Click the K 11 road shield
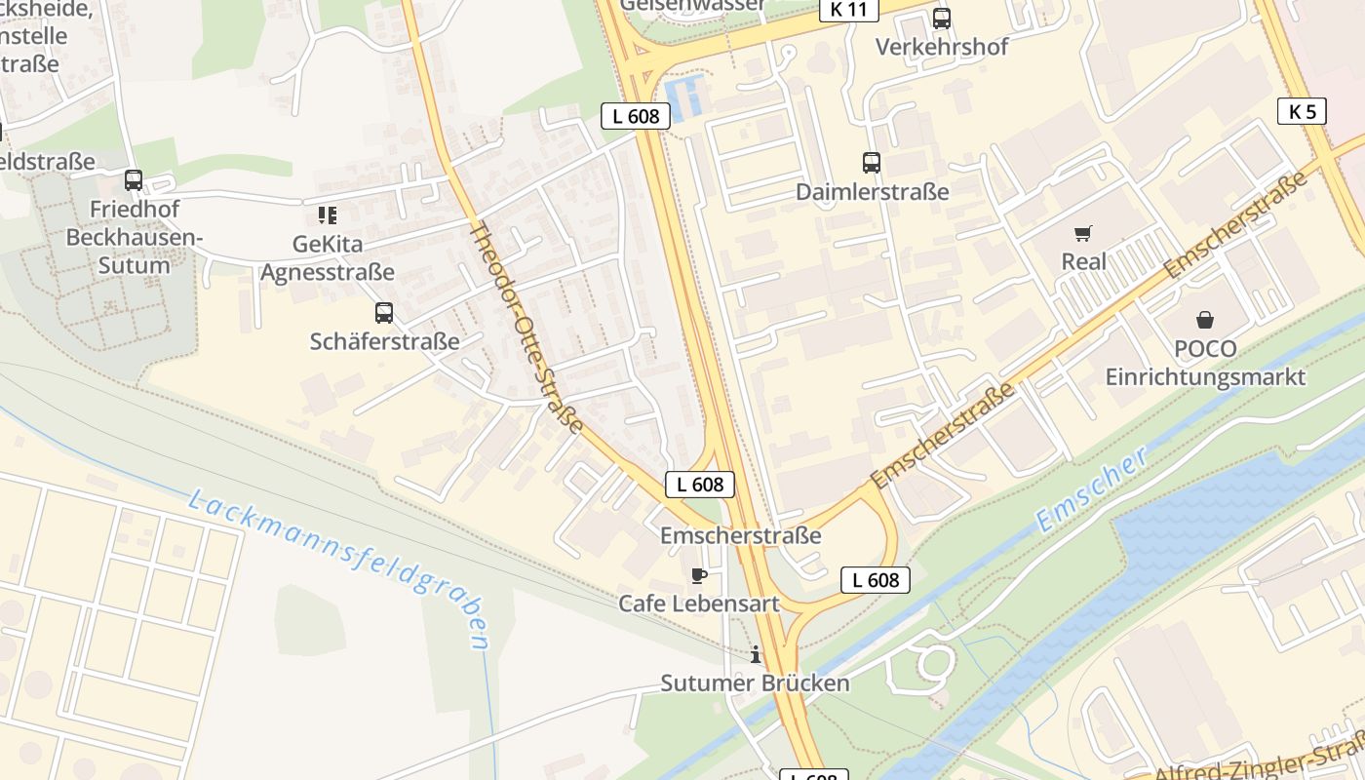point(848,10)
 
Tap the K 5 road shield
point(1302,111)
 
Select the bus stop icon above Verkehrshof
point(941,18)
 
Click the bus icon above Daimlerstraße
point(871,163)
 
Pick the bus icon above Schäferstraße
point(384,313)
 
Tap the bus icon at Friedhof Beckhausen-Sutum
point(134,180)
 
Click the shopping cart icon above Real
point(1083,233)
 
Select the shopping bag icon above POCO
point(1205,320)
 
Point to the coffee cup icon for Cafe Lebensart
point(699,575)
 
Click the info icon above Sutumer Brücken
point(755,654)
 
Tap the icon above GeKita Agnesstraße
point(327,214)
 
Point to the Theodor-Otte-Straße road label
point(526,327)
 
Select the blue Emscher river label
point(1091,489)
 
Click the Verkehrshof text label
point(941,47)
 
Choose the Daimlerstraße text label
point(872,191)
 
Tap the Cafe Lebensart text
point(699,604)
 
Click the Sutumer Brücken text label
point(755,682)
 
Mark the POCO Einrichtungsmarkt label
point(1205,363)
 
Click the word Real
point(1083,261)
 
